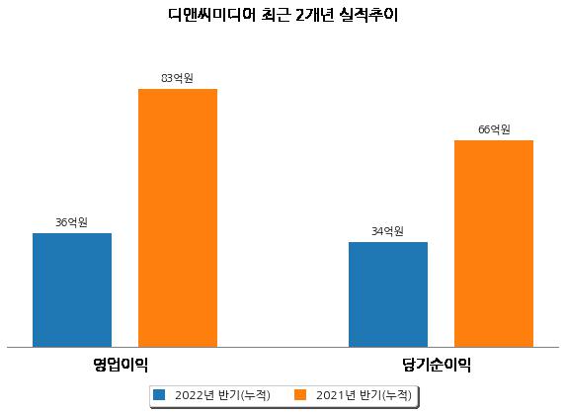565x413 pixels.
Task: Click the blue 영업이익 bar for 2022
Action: click(72, 290)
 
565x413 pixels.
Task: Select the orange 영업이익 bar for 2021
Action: click(178, 218)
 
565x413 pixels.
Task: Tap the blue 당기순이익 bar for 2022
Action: click(388, 294)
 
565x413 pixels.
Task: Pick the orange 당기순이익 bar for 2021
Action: click(494, 244)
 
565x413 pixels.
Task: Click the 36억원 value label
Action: click(71, 222)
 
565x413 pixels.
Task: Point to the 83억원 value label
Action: click(177, 78)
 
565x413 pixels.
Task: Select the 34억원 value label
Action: click(387, 231)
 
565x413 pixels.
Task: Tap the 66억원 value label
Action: click(494, 129)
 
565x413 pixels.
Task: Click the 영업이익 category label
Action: click(121, 365)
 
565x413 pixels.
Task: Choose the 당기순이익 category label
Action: click(437, 365)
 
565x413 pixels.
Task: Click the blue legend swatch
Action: click(159, 394)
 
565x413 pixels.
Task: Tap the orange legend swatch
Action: click(300, 394)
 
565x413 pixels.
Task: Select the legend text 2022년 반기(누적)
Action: click(222, 395)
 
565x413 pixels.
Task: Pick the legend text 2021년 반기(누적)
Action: click(363, 395)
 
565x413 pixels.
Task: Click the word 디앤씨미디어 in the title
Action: click(211, 15)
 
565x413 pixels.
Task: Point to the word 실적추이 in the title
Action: click(368, 15)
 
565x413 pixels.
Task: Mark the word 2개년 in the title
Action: click(314, 15)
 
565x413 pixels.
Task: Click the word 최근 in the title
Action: click(276, 15)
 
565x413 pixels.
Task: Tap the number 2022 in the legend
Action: click(190, 395)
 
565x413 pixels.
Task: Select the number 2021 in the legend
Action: click(331, 395)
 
